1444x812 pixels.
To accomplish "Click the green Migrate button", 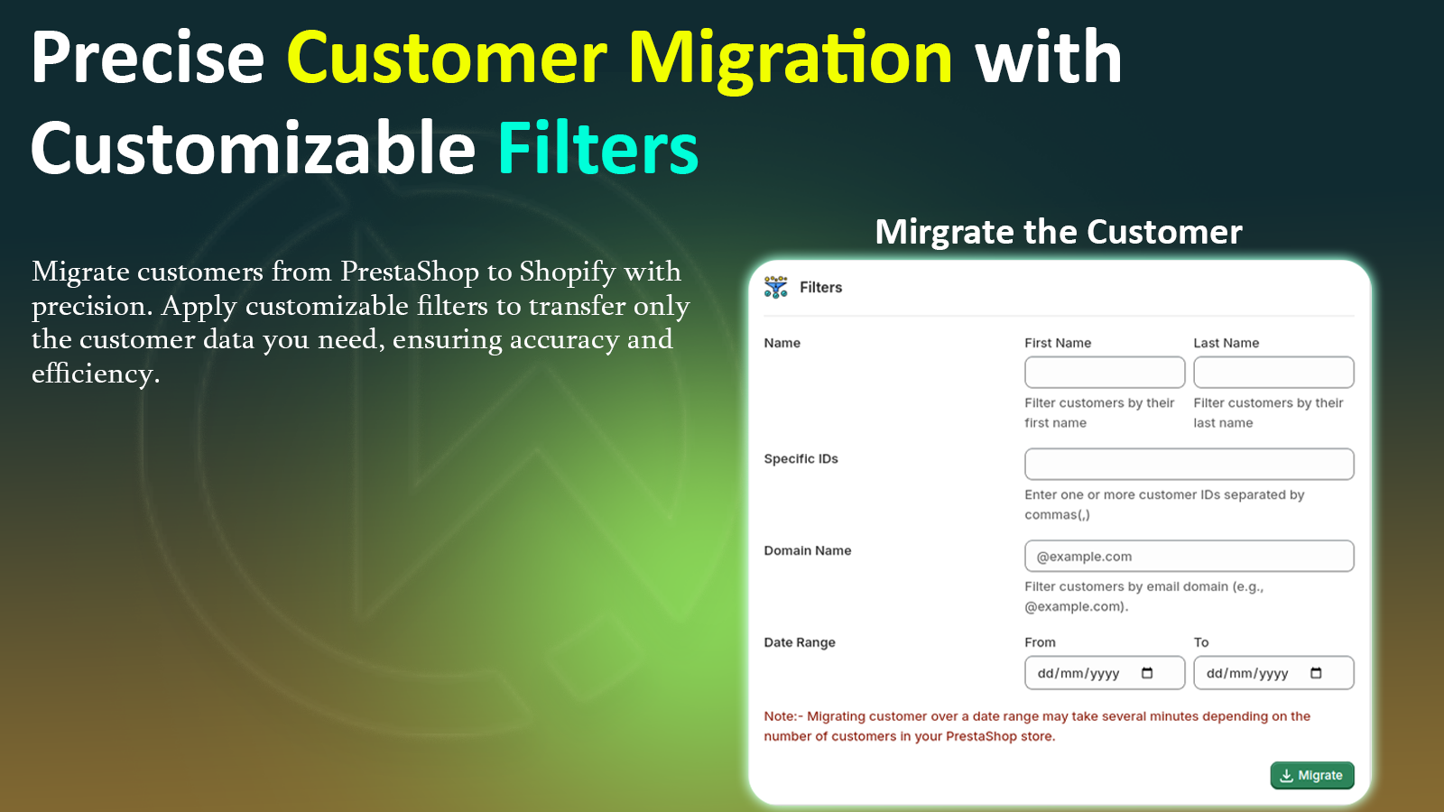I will click(1311, 775).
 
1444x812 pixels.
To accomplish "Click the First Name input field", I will click(1104, 373).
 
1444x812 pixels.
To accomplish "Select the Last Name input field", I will click(1273, 373).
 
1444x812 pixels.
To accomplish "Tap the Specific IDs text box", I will click(1189, 464).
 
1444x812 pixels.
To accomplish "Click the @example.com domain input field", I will click(1189, 556).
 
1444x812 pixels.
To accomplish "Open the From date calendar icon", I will click(1147, 673).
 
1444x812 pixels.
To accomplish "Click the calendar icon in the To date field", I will click(1316, 673).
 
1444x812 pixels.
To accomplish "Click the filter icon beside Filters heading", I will click(775, 287).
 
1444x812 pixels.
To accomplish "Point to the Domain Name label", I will click(807, 550).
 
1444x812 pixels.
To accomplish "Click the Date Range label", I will click(799, 642).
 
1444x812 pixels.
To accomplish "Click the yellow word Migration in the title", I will click(790, 59).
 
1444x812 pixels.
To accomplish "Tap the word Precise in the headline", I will click(148, 59).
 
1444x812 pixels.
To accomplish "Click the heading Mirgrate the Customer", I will click(1058, 232).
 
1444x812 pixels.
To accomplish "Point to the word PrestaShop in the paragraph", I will click(409, 272).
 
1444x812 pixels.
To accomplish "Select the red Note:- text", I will click(782, 716).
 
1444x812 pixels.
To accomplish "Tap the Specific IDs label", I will click(801, 458).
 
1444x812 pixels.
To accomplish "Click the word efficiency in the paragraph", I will click(94, 374).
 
